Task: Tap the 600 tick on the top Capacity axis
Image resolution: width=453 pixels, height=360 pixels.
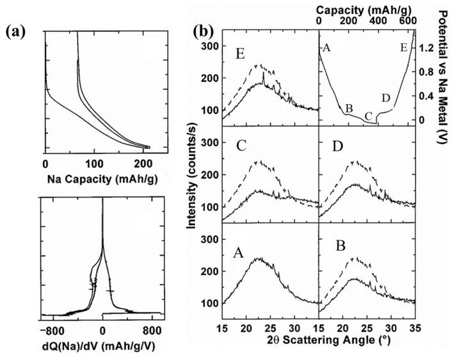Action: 405,22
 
